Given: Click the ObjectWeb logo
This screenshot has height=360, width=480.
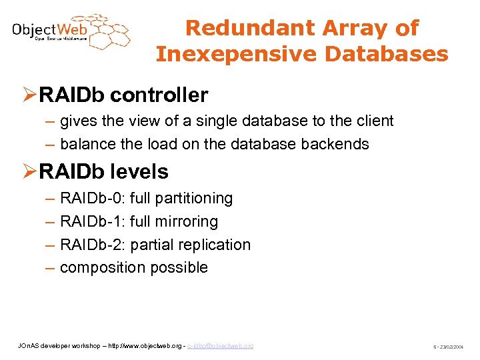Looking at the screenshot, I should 70,31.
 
